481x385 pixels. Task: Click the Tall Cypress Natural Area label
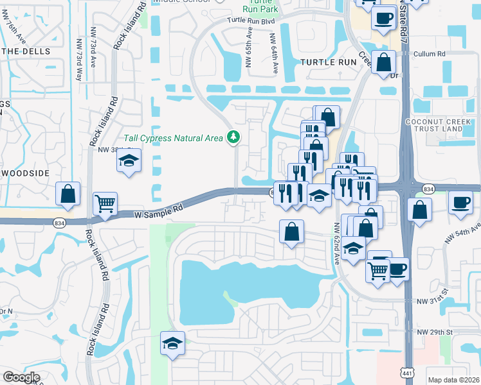173,138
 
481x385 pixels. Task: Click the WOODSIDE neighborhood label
25,173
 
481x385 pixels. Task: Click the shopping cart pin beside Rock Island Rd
105,204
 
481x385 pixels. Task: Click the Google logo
21,377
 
